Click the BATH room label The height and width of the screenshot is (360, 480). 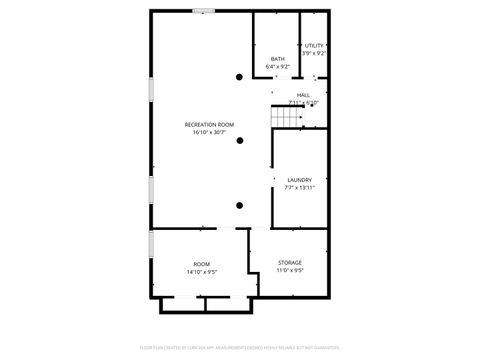click(x=277, y=59)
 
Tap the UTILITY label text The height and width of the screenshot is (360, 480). click(x=314, y=46)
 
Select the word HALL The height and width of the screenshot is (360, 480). click(x=302, y=95)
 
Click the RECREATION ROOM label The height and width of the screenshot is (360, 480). click(x=210, y=124)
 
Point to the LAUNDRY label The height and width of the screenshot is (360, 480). click(x=300, y=180)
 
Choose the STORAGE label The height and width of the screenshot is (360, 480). click(x=290, y=262)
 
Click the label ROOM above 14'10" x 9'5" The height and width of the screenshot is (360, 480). click(x=201, y=264)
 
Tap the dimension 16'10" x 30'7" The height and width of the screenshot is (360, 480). click(x=210, y=132)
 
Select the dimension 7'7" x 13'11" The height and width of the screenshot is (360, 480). click(x=300, y=187)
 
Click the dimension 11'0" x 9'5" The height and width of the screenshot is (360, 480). click(x=290, y=270)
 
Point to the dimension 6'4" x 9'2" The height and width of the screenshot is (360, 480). click(x=277, y=66)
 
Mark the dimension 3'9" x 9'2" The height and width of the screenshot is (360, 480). click(x=314, y=53)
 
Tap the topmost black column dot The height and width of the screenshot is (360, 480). click(x=239, y=77)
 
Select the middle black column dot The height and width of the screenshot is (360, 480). click(x=239, y=141)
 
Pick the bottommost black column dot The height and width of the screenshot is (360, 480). click(x=239, y=205)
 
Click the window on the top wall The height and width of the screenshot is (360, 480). click(x=204, y=11)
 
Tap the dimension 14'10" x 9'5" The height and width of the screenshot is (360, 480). click(x=201, y=271)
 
